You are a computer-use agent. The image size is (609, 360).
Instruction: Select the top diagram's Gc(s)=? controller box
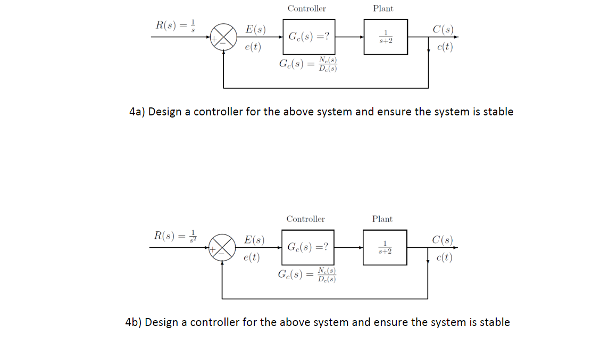point(308,37)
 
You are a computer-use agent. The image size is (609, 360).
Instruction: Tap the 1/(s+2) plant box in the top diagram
point(386,37)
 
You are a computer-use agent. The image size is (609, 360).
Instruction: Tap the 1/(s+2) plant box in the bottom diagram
point(385,247)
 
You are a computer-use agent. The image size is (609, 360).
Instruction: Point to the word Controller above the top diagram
point(306,9)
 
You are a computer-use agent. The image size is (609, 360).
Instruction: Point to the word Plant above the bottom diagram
point(382,219)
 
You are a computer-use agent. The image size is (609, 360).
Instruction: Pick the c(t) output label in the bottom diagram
point(443,258)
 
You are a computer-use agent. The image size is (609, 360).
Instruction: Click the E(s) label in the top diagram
point(255,30)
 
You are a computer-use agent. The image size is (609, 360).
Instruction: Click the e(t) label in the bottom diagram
point(252,258)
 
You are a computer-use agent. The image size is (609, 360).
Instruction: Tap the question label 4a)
point(137,112)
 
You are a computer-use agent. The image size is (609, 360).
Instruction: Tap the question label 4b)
point(134,322)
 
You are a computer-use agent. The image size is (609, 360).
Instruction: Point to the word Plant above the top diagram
point(383,9)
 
